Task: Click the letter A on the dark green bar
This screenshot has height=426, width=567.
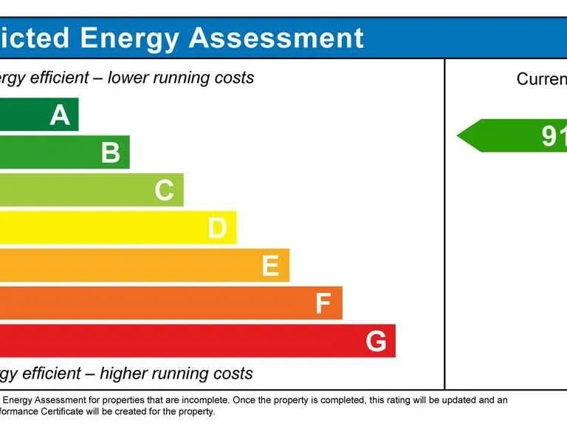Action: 60,115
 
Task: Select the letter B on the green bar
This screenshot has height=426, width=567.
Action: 111,152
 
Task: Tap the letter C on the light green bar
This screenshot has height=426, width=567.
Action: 164,191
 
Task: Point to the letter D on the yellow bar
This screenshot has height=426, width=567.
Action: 217,229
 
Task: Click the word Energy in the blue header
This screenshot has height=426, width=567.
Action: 129,38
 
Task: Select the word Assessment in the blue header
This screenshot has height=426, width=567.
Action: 277,38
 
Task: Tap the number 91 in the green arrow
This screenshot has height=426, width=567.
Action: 554,136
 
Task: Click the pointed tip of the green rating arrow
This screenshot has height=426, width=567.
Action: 458,136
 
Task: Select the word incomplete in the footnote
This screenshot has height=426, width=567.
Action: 207,400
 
